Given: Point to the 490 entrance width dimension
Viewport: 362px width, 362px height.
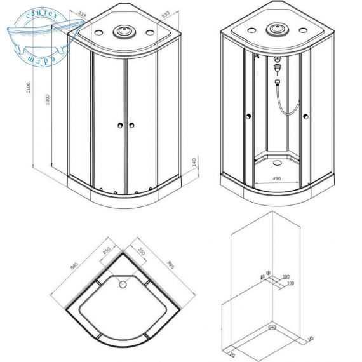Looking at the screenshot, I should click(276, 180).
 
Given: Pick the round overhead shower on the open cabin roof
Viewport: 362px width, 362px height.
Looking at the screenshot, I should click(276, 28).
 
